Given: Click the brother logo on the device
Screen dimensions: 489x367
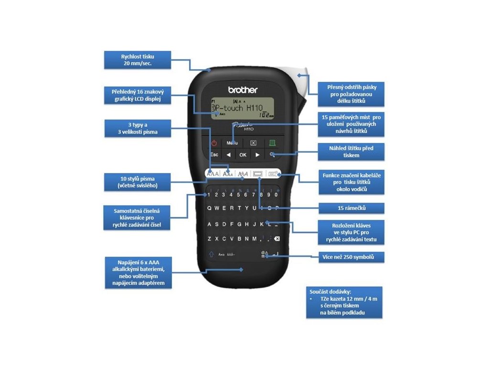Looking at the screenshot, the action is click(243, 90).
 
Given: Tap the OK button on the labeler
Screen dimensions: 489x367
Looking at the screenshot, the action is click(243, 155).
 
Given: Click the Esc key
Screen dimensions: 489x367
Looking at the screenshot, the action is click(214, 155).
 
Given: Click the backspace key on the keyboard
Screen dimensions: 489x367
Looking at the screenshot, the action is click(276, 238).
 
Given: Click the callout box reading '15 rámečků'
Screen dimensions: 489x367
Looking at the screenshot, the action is click(351, 208).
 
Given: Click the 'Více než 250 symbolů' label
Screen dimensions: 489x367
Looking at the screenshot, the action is click(351, 258).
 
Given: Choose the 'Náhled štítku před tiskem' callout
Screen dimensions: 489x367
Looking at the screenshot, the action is click(351, 152).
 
